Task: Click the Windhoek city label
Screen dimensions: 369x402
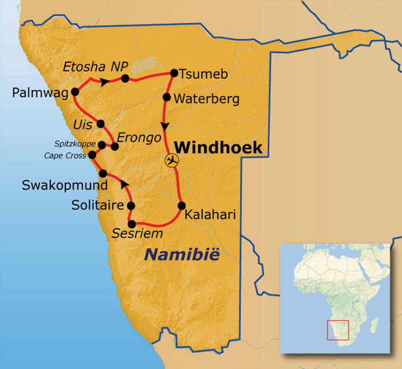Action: tap(218, 147)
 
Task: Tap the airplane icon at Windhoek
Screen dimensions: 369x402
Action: tap(172, 160)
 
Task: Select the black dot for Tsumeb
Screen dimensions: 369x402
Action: tap(174, 73)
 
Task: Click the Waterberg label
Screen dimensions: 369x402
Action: tap(206, 99)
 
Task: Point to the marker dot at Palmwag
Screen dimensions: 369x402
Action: tap(75, 92)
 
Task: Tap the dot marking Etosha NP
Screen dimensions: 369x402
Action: tap(125, 78)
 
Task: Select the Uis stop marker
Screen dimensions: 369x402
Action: tap(100, 124)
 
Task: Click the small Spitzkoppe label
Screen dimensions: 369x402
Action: tap(75, 144)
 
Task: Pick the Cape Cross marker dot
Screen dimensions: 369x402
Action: tap(92, 155)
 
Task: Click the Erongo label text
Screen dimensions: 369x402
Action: tap(139, 138)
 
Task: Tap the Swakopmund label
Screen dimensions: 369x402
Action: tap(64, 185)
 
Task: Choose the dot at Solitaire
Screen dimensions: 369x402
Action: tap(131, 205)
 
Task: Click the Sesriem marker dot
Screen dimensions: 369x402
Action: tap(132, 224)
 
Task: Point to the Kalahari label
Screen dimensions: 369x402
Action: tap(210, 214)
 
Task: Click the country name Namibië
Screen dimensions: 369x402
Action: tap(182, 255)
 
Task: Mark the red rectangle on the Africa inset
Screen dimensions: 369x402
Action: tap(338, 330)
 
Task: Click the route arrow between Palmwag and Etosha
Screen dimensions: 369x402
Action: tap(104, 82)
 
